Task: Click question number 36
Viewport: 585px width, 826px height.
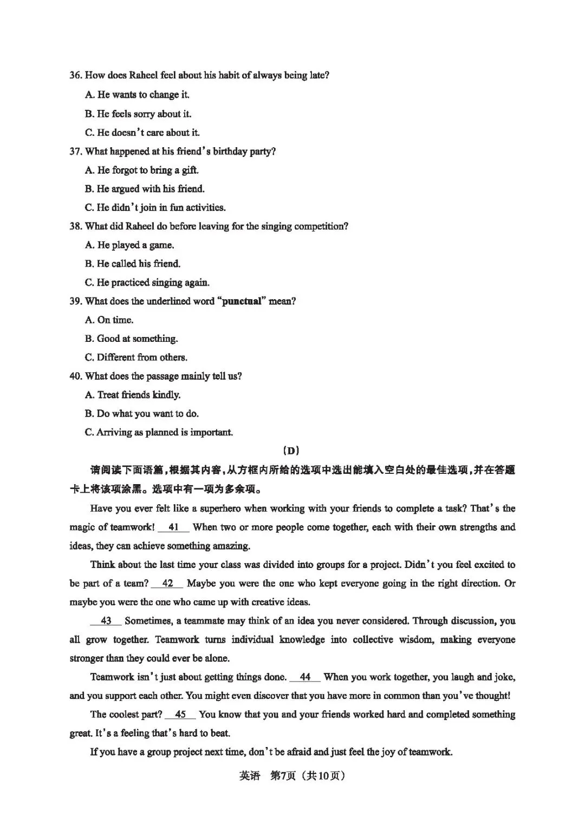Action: (76, 76)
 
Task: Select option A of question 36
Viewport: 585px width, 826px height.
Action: (137, 95)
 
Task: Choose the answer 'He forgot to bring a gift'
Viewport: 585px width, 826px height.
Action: (142, 170)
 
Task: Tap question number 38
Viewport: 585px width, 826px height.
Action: (76, 227)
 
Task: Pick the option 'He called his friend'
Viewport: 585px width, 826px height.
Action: (133, 264)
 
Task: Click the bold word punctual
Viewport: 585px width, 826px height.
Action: (242, 301)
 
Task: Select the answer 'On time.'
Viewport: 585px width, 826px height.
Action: (109, 320)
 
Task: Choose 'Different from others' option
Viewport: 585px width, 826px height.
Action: (136, 358)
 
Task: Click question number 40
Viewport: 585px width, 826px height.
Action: (76, 376)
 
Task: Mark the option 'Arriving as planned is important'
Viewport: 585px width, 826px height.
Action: (159, 433)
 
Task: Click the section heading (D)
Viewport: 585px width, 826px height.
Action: (291, 451)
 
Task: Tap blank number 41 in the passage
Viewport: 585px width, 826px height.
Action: (173, 527)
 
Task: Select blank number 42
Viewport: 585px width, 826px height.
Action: (167, 584)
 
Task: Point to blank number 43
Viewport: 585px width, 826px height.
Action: (106, 621)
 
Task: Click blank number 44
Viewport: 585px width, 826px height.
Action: (305, 677)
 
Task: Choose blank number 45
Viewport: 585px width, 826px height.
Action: (180, 715)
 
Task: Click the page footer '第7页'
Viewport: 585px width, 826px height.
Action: (282, 776)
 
